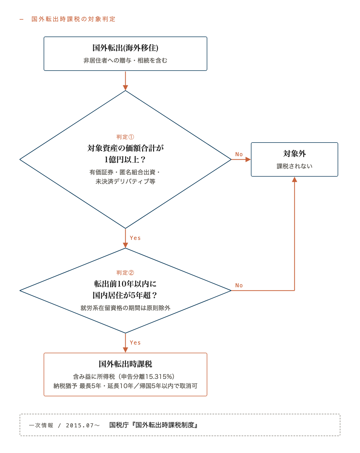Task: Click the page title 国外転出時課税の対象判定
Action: coord(73,19)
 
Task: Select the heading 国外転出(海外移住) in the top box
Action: coord(125,48)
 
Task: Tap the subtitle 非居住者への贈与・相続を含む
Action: coord(125,61)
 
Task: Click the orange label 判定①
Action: coord(125,137)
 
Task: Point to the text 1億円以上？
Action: coord(125,159)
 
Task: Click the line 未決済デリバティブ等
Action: coord(125,182)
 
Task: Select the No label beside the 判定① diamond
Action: coord(239,154)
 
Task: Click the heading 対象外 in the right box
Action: coord(295,154)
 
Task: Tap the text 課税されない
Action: coord(295,166)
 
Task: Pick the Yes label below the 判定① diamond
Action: coord(135,238)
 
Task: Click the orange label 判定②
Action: coord(125,273)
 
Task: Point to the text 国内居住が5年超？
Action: coord(125,295)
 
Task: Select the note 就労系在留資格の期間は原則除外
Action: coord(125,308)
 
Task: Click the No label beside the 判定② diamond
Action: coord(239,285)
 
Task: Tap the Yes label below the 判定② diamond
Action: coord(135,343)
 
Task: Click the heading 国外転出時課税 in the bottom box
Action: coord(125,364)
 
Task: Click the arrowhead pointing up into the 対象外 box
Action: coord(295,179)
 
